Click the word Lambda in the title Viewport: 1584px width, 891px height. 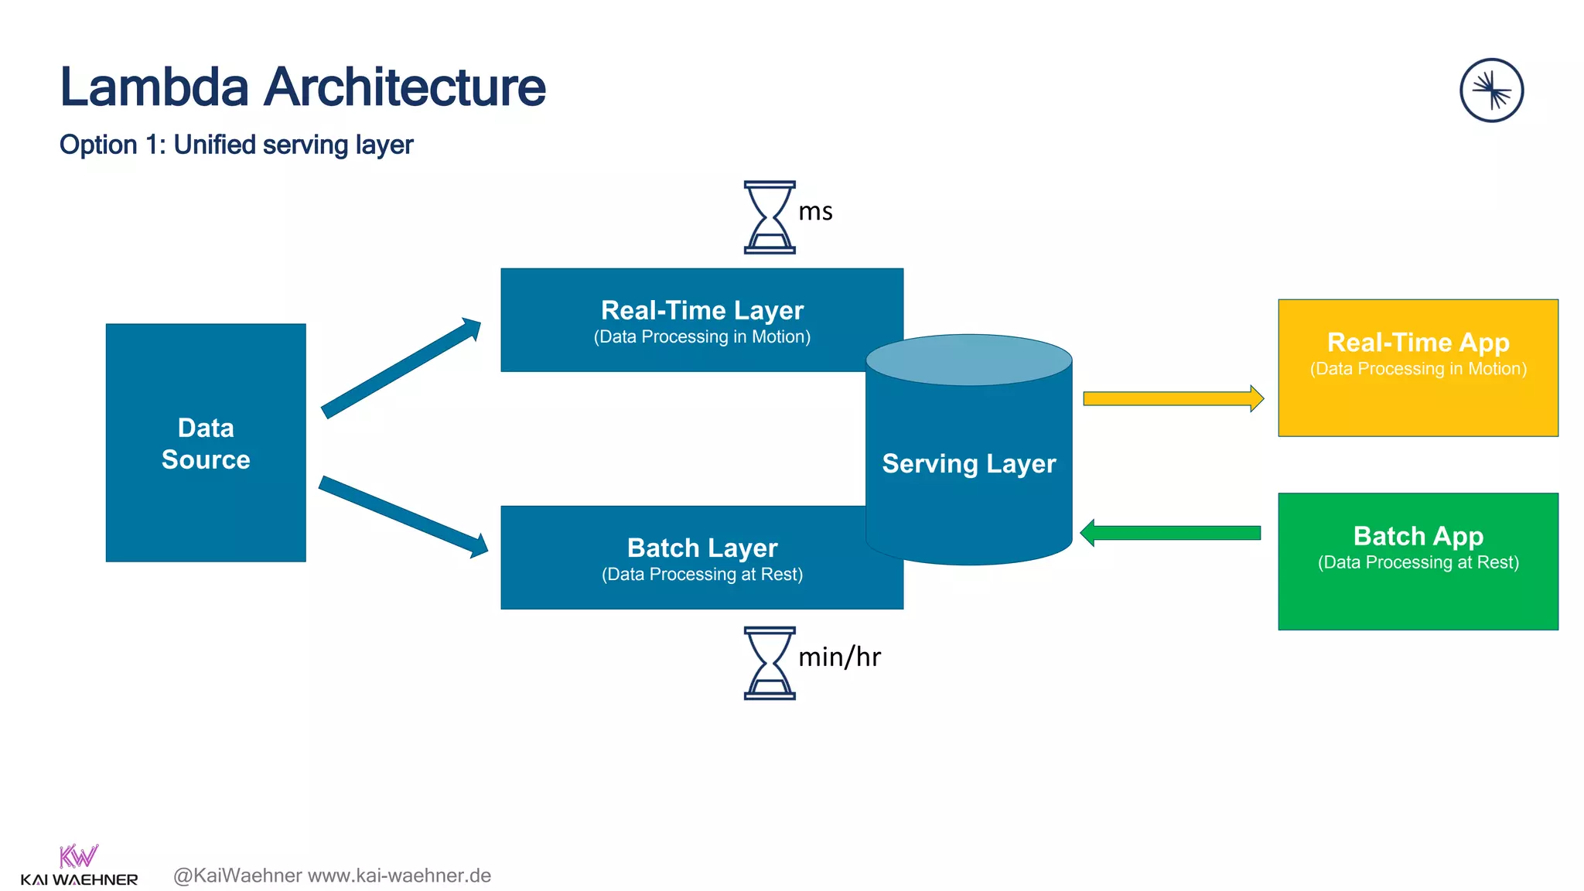click(155, 87)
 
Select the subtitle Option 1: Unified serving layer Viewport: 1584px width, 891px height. click(236, 145)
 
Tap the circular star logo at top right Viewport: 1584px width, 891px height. click(1491, 90)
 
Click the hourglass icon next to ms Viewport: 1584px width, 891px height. click(769, 217)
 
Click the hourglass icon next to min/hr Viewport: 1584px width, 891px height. click(769, 663)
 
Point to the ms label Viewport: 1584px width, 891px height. click(815, 211)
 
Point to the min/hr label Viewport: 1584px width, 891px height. click(839, 657)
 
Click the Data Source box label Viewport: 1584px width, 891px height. click(206, 443)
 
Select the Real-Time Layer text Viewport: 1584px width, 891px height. click(702, 310)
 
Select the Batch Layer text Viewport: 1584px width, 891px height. click(702, 548)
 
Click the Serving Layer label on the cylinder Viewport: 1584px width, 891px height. click(968, 463)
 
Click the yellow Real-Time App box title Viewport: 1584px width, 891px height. click(1418, 342)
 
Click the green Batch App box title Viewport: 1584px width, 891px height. click(1418, 535)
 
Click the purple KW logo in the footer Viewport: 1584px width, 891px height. click(78, 856)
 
